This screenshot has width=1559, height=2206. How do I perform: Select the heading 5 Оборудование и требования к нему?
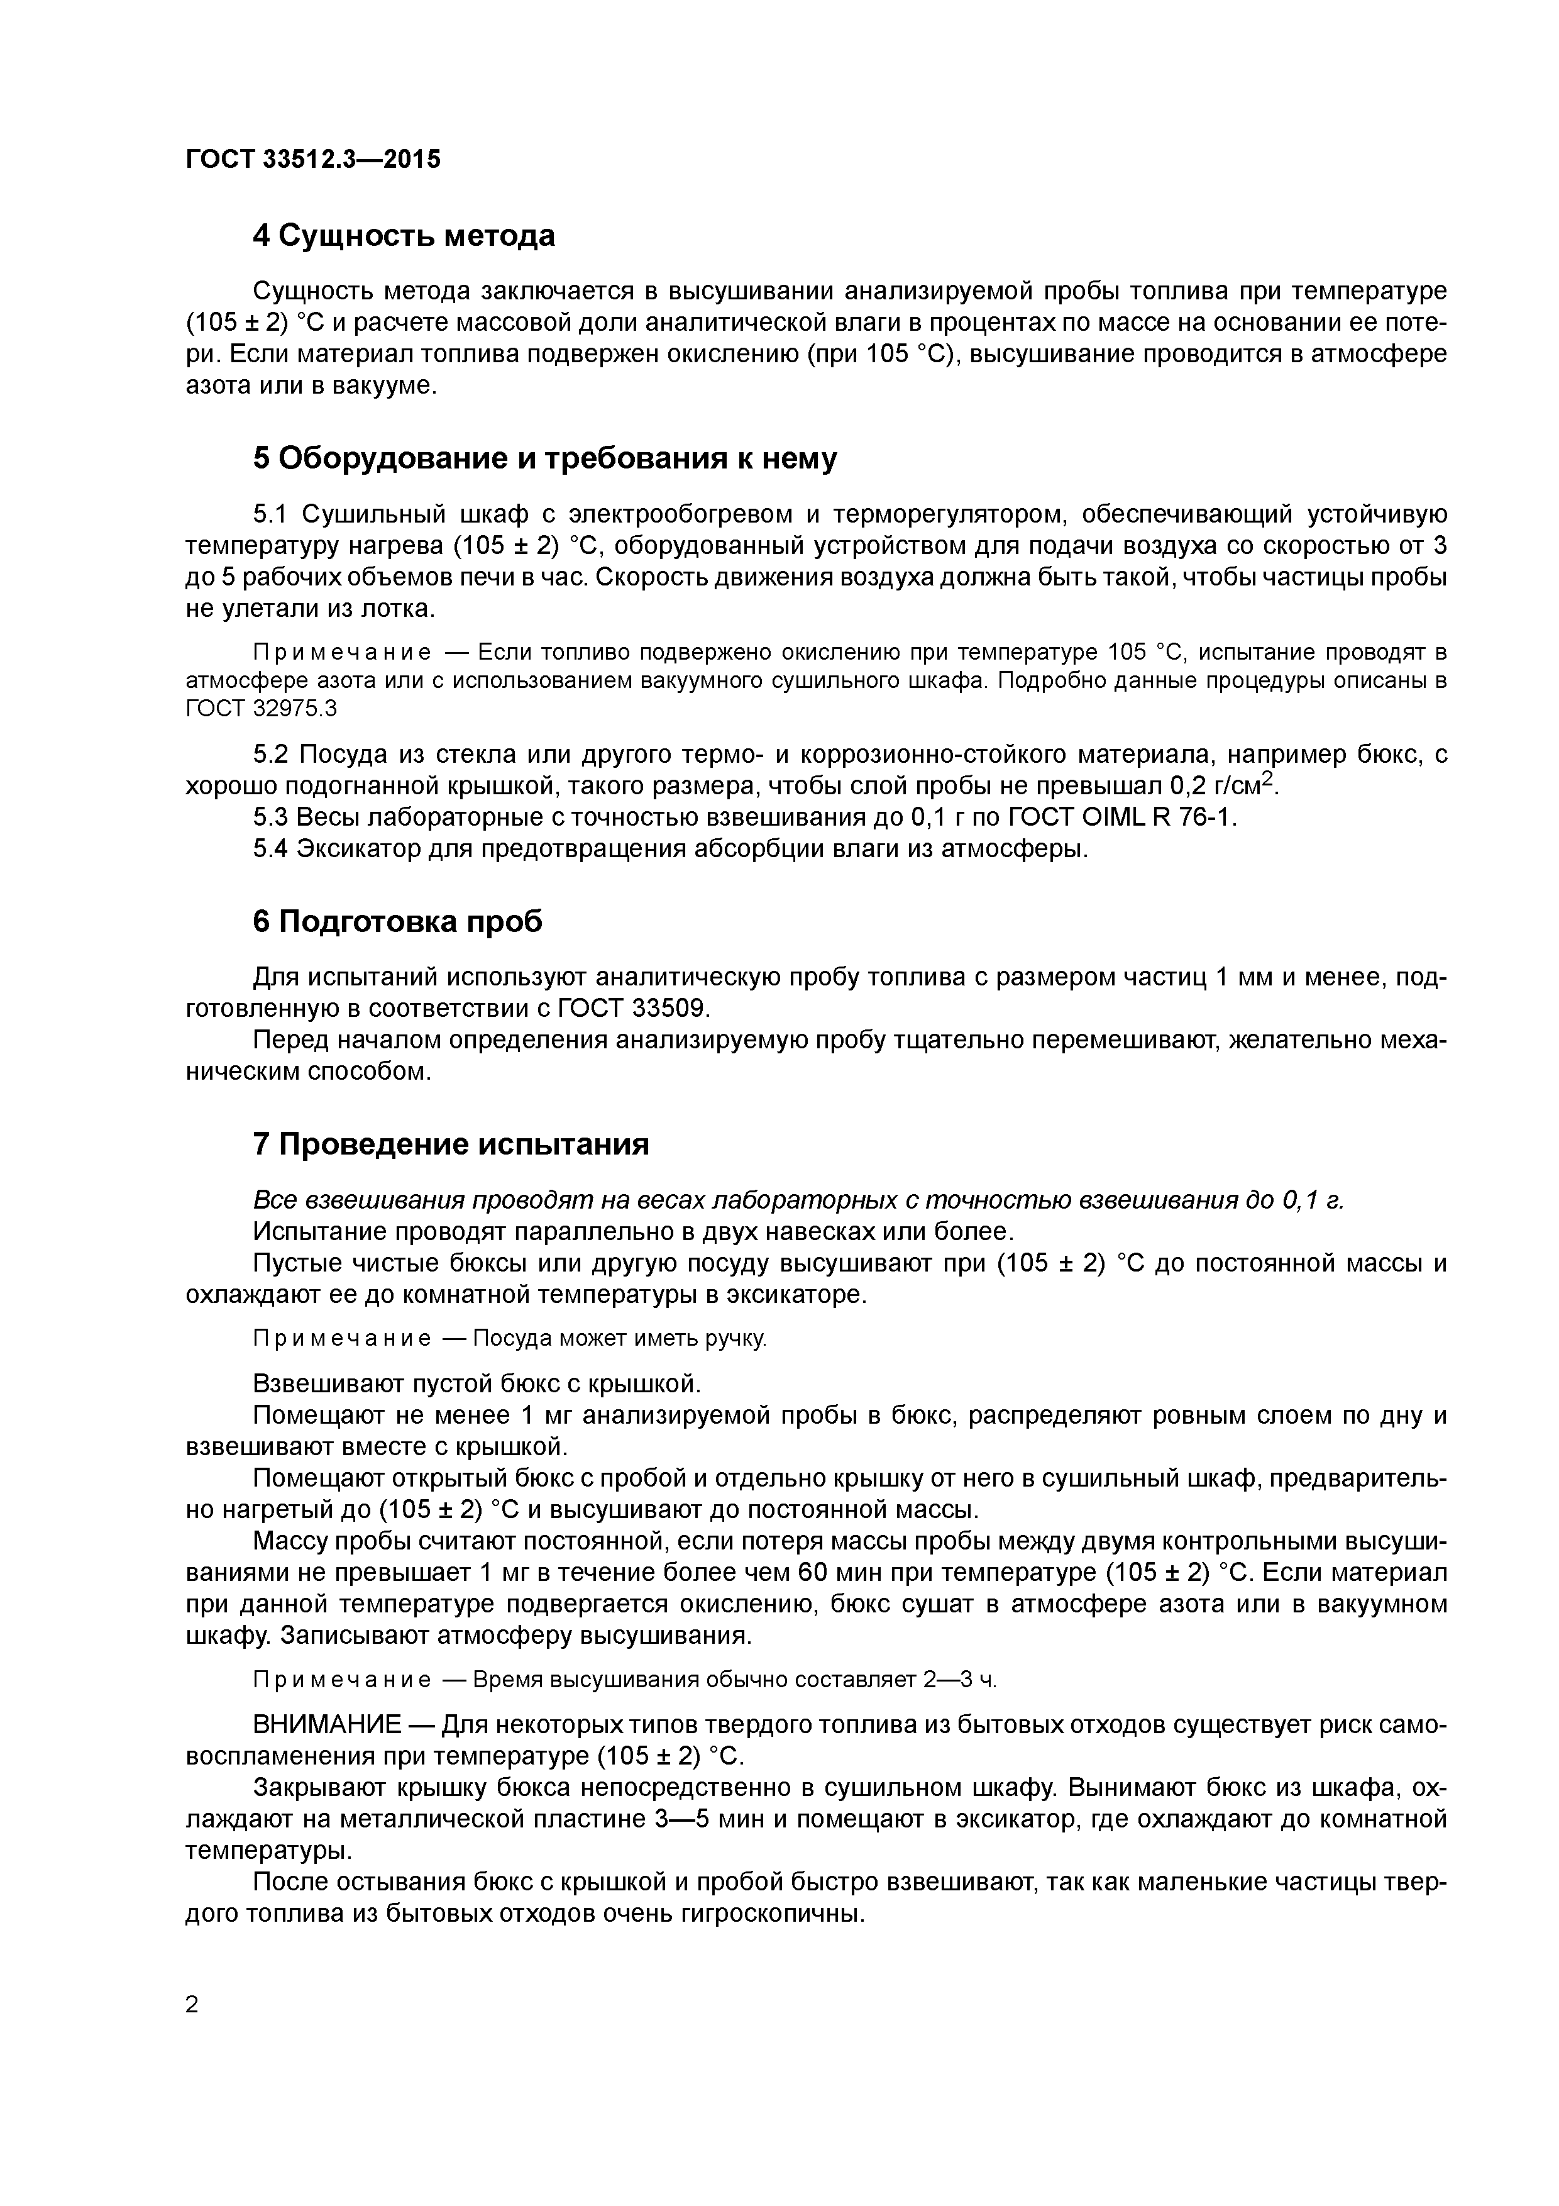pyautogui.click(x=544, y=458)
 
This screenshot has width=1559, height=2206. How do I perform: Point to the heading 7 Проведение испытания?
pyautogui.click(x=451, y=1145)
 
